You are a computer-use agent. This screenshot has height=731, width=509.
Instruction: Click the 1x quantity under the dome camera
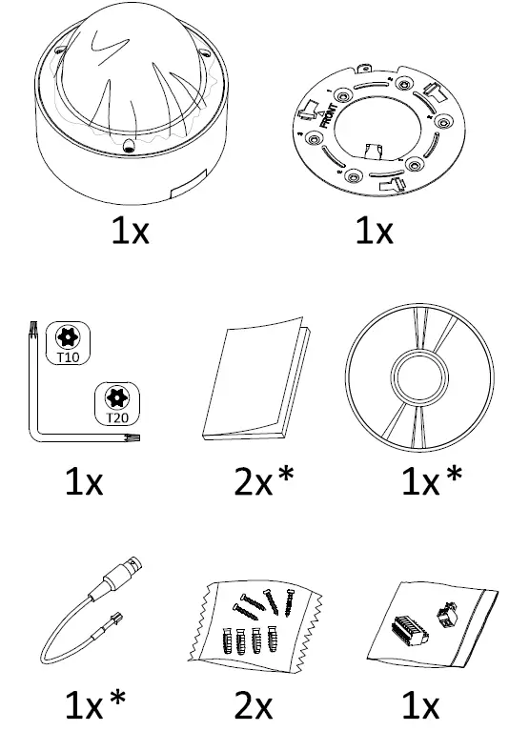point(129,232)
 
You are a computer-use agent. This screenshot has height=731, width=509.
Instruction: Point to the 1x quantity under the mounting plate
point(374,232)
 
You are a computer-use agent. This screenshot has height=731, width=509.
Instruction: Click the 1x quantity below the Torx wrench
point(84,483)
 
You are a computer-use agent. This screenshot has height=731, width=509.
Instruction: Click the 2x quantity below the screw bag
point(254,705)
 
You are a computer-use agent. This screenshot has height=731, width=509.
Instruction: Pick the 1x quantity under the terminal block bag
point(419,705)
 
